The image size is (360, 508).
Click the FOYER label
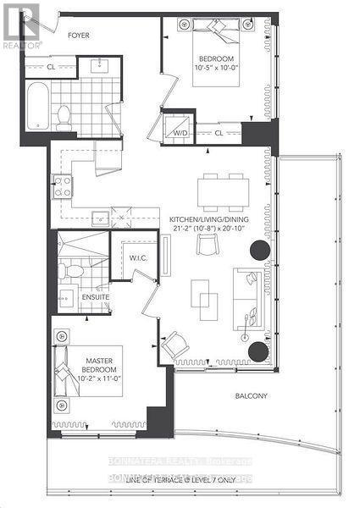point(79,36)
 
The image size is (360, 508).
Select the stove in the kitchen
point(62,186)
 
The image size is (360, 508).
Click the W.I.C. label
point(139,259)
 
